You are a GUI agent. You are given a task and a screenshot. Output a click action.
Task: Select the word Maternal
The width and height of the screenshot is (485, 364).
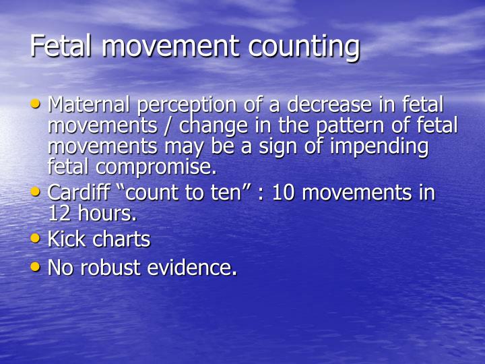tap(92, 105)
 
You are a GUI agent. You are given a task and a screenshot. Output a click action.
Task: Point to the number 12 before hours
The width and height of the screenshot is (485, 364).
tap(61, 214)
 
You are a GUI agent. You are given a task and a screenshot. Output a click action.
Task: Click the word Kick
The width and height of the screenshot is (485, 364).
tap(65, 239)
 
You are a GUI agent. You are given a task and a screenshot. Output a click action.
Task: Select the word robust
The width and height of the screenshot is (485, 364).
tap(114, 268)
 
